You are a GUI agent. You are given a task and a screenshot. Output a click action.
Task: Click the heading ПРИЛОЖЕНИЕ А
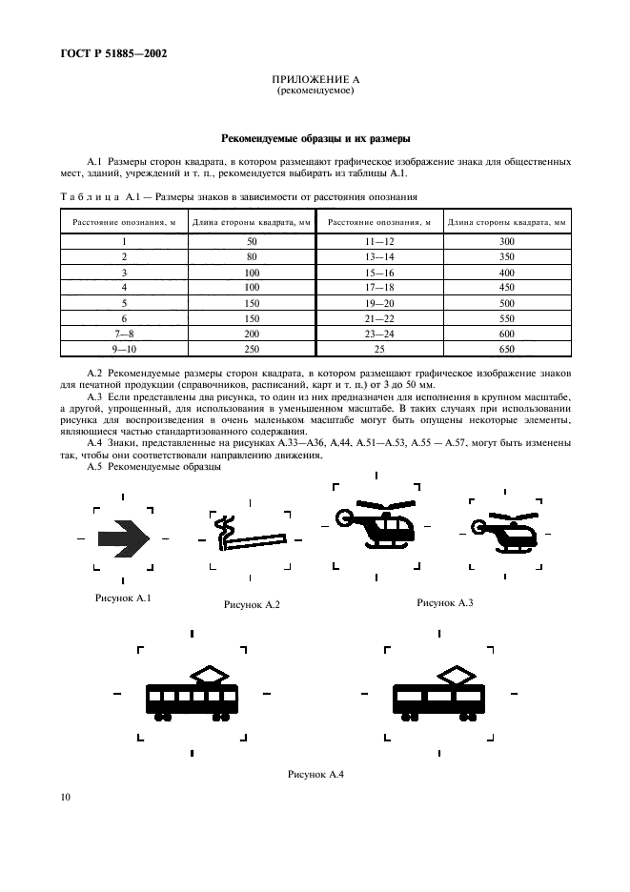pos(315,80)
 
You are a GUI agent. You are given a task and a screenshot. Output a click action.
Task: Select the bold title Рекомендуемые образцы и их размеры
pos(315,137)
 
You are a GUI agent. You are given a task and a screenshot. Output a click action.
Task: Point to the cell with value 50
pos(252,242)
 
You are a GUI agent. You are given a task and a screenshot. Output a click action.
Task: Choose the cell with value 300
pos(506,242)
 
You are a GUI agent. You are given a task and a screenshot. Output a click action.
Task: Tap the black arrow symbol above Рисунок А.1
pos(125,539)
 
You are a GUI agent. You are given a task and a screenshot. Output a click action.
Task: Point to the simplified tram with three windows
pos(439,693)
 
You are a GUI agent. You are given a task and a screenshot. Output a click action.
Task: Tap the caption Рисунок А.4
pos(315,774)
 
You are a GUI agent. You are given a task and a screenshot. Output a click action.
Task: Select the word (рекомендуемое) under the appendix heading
pos(315,91)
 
